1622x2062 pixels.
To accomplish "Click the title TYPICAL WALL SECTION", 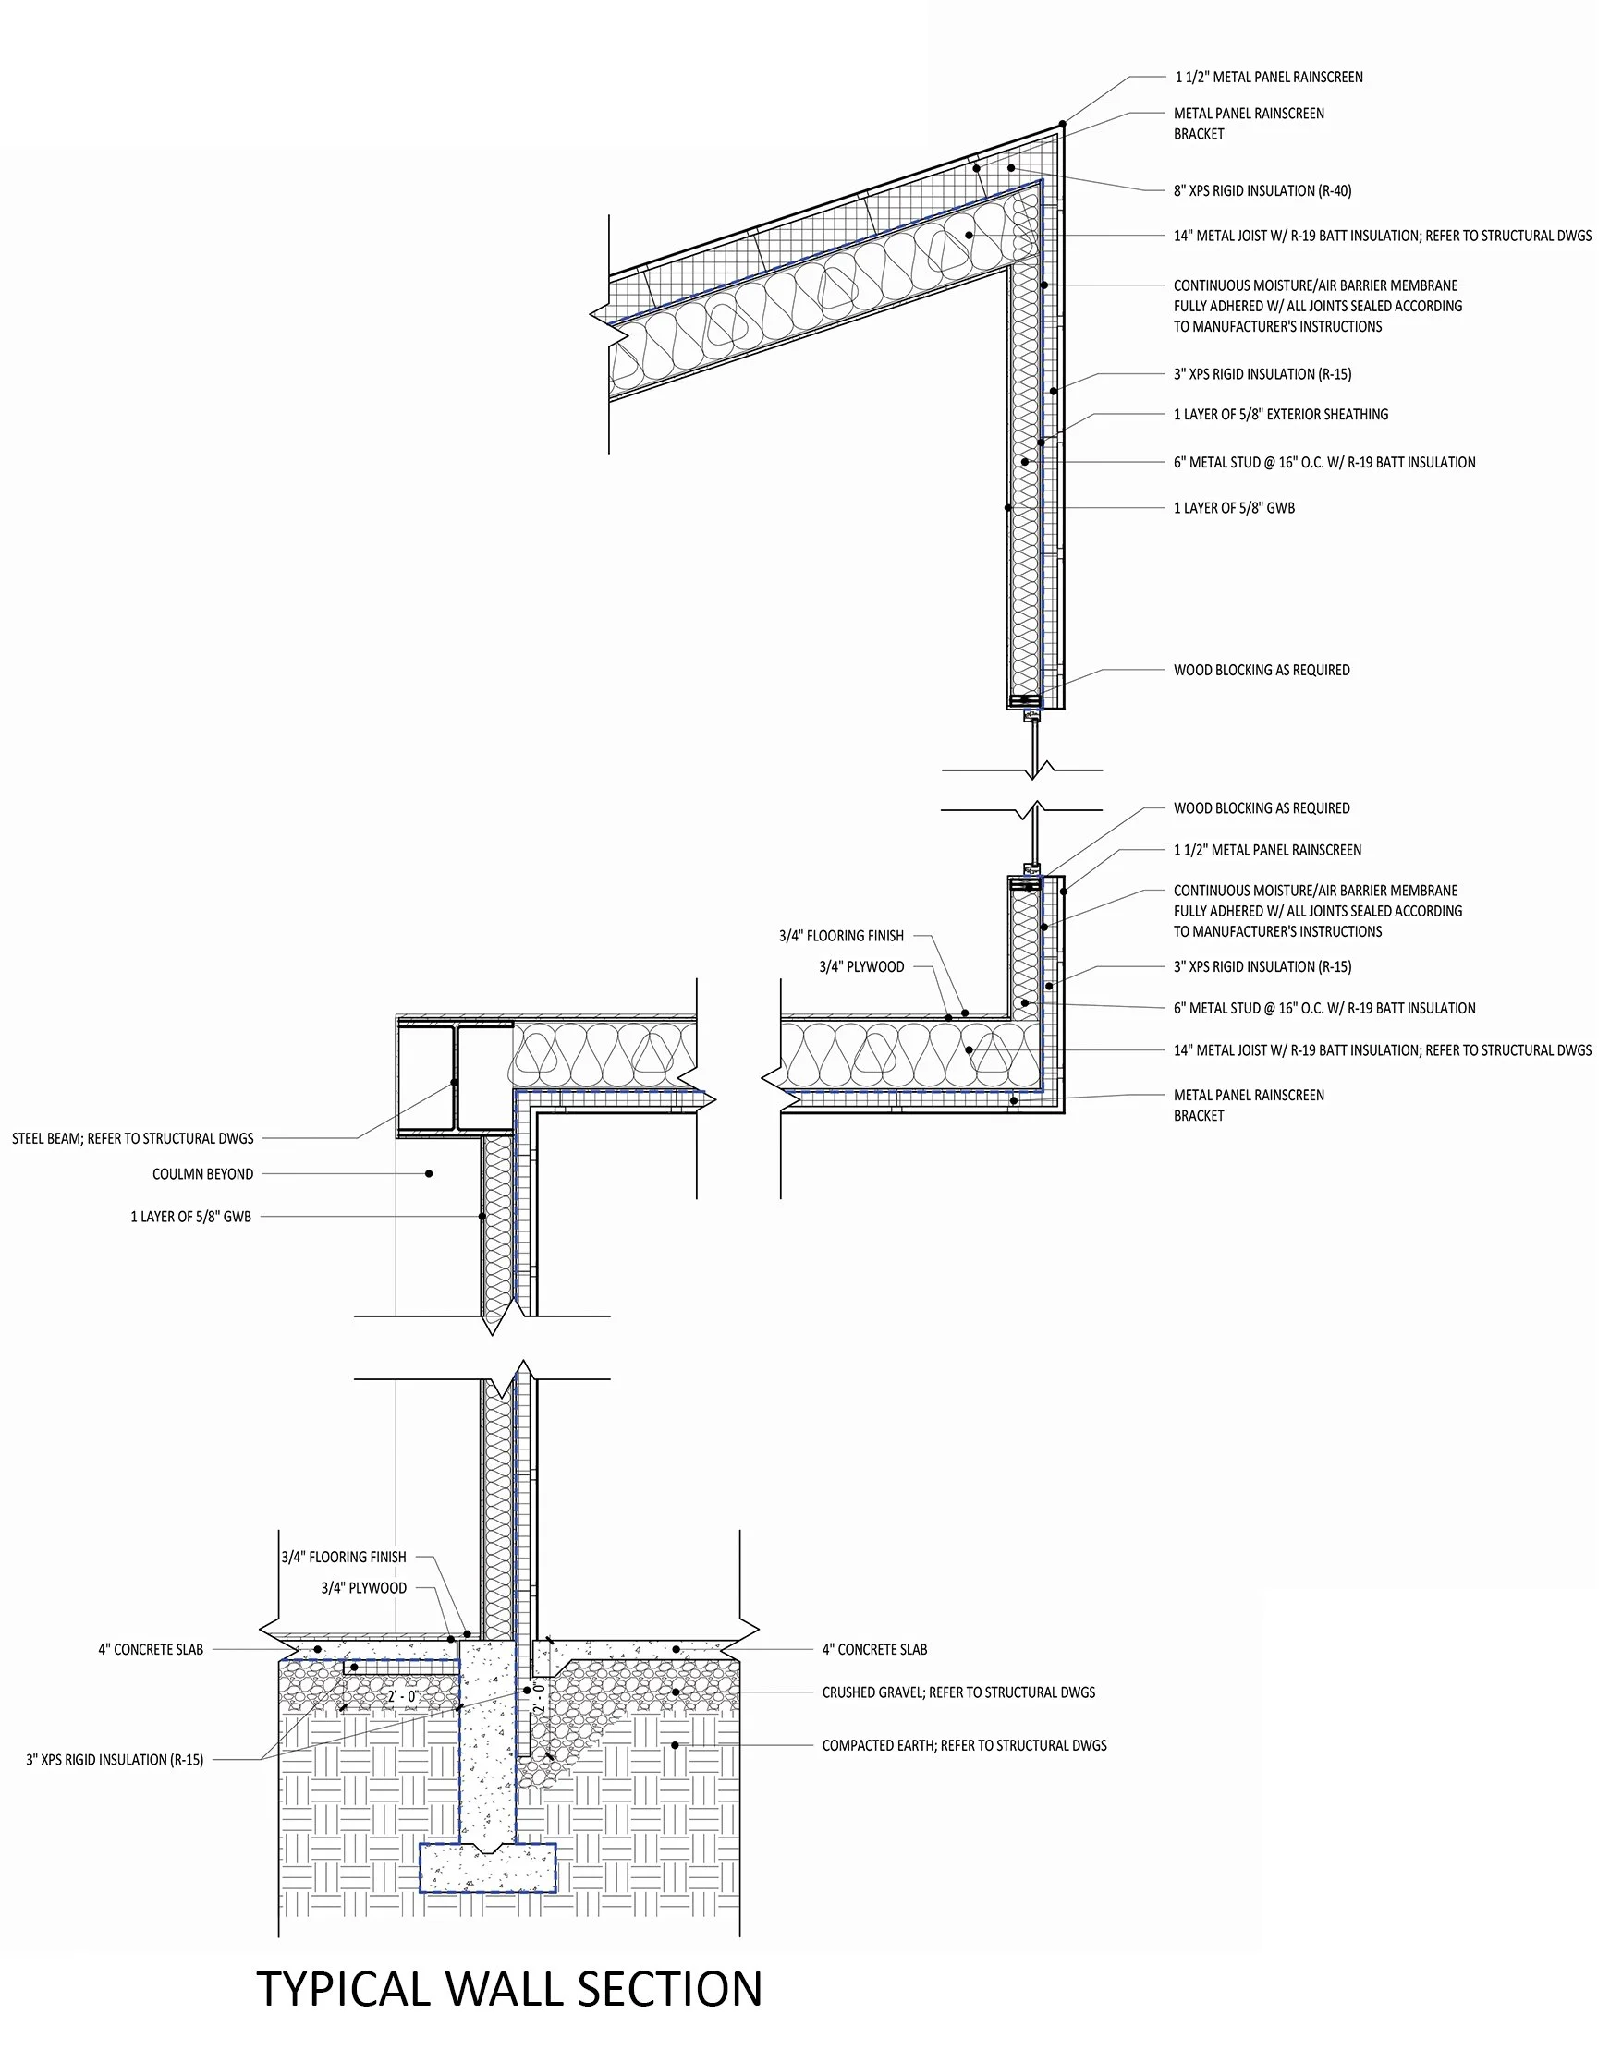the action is (x=509, y=1989).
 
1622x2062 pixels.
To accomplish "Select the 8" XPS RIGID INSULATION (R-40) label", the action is (x=1262, y=191).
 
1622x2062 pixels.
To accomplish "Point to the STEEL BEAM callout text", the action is (x=133, y=1138).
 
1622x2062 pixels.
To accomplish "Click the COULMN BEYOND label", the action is (x=202, y=1174).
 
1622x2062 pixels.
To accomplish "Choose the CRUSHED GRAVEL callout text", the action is (x=958, y=1692).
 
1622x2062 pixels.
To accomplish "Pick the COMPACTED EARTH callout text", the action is (x=964, y=1745).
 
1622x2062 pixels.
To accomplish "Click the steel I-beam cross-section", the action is (x=456, y=1080).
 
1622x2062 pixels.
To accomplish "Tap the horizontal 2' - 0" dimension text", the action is (x=403, y=1696).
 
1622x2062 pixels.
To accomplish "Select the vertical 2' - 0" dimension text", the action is (x=539, y=1695).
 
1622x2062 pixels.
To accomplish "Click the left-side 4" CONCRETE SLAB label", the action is (x=150, y=1650).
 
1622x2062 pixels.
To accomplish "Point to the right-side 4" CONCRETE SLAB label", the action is (x=874, y=1650).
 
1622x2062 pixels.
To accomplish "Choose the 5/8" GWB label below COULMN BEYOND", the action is (x=191, y=1216).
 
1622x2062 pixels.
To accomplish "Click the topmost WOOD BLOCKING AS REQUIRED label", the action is (x=1262, y=671).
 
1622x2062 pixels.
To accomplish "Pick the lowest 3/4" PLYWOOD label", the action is (x=364, y=1588).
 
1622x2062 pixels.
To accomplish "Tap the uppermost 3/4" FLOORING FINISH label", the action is (x=841, y=936).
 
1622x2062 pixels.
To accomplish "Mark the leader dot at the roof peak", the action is (x=1063, y=125).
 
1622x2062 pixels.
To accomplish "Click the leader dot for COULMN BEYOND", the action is (x=429, y=1174).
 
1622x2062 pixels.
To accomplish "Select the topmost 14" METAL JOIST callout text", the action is (x=1382, y=236).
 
